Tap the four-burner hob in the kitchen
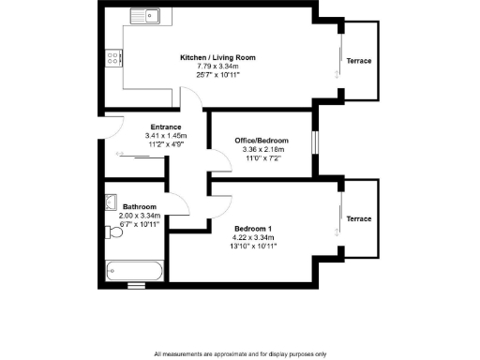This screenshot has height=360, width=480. (113, 58)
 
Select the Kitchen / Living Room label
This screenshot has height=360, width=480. (217, 57)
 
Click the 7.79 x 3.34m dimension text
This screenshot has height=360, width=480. (217, 66)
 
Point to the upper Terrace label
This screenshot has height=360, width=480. (359, 61)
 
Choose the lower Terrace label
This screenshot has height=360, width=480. (359, 218)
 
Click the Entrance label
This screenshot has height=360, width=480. (166, 127)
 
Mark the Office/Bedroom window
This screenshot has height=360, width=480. (315, 140)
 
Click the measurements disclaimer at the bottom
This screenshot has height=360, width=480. (240, 353)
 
